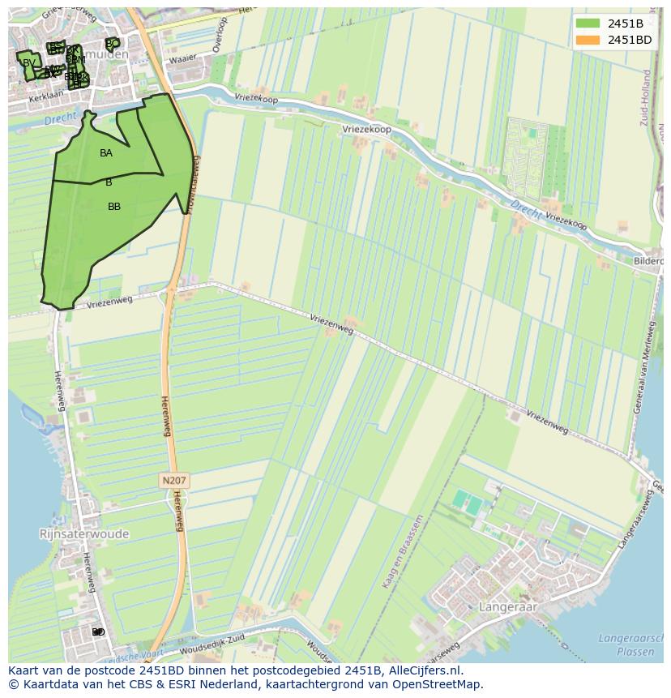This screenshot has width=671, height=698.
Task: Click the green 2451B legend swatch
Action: click(x=589, y=24)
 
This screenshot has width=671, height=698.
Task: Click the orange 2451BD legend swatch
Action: click(x=589, y=40)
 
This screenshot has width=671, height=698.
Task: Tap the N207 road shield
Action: click(x=173, y=481)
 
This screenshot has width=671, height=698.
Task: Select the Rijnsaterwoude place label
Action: click(x=83, y=534)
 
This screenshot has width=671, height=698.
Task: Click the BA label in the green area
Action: click(x=106, y=152)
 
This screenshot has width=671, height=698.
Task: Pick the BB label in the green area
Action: click(x=114, y=207)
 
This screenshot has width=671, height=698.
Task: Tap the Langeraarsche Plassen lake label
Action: click(x=630, y=644)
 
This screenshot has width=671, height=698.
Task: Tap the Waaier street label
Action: click(x=184, y=58)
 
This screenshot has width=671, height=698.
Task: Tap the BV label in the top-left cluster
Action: click(x=29, y=62)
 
